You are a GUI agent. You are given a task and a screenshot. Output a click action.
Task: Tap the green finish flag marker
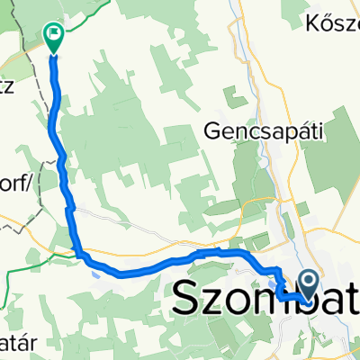(x=53, y=37)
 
